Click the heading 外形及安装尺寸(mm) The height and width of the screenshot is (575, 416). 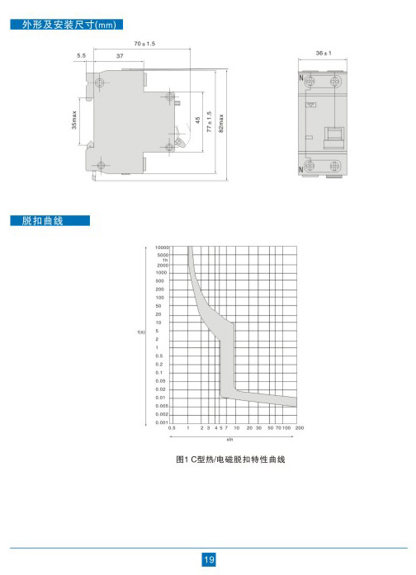69,25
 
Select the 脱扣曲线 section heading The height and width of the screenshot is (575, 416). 42,221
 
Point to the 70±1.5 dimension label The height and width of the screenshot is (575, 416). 144,44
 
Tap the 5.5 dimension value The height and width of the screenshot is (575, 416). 81,56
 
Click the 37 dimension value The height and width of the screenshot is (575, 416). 120,56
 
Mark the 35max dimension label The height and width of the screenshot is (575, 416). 74,120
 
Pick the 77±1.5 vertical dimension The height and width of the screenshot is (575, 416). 209,122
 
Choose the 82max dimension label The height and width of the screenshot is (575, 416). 221,123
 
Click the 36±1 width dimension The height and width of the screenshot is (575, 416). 324,53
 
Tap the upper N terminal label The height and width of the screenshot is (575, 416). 301,78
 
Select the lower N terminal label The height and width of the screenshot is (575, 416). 301,169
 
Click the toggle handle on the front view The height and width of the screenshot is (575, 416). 333,138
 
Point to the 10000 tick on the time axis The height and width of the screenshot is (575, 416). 162,247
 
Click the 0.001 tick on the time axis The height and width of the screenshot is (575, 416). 162,422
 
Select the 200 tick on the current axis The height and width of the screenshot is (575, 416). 300,428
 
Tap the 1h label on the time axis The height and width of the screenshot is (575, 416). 165,260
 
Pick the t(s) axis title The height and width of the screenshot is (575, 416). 141,332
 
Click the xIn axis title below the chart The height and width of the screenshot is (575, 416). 229,440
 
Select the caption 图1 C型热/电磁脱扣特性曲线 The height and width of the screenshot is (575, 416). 230,460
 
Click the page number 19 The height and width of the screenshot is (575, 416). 209,559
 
